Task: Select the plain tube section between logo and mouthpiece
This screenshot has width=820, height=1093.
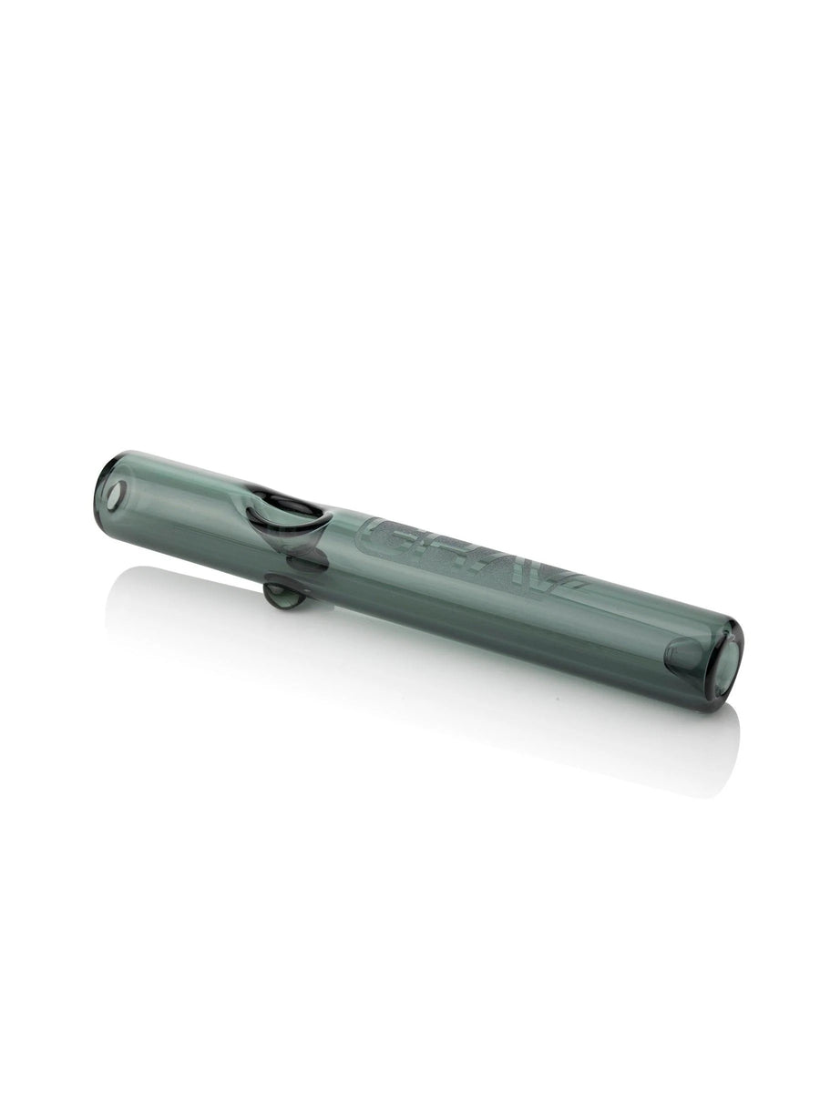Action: pos(629,628)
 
